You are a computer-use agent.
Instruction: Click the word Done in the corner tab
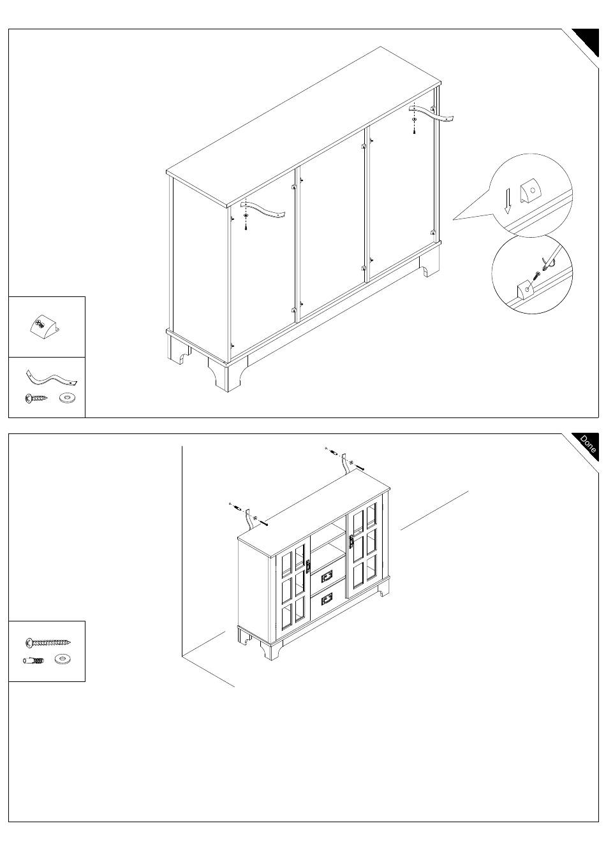click(588, 444)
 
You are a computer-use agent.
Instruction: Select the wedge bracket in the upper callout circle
click(531, 191)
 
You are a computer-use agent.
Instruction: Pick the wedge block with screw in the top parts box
click(44, 327)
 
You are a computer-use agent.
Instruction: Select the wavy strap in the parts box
click(52, 379)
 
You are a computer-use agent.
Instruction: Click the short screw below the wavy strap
click(36, 398)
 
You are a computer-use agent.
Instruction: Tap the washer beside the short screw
click(68, 397)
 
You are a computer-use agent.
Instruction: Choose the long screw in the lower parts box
click(48, 642)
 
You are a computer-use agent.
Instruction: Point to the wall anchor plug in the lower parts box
click(34, 660)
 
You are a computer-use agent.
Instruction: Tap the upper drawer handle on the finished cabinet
click(326, 576)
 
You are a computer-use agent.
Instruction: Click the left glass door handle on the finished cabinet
click(307, 567)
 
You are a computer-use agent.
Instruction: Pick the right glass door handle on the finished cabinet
click(351, 542)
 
